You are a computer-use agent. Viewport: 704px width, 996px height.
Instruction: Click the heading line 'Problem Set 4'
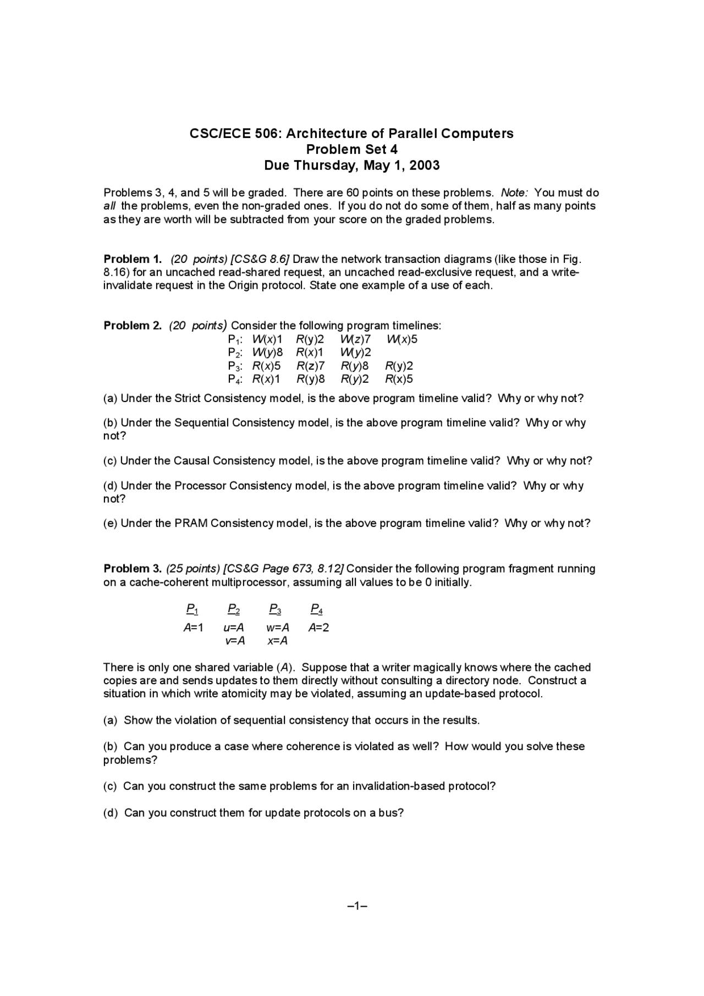351,150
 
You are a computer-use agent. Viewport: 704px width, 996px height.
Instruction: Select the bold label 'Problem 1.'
133,259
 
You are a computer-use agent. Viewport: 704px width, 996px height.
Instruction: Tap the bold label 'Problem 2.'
133,326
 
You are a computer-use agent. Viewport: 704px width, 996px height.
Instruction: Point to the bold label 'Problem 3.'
133,569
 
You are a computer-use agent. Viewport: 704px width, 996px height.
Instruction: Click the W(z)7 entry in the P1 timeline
355,339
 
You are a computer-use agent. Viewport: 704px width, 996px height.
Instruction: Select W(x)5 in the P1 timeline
402,339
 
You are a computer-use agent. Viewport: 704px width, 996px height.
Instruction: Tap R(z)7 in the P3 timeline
311,366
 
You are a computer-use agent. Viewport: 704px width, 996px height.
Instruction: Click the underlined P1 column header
192,609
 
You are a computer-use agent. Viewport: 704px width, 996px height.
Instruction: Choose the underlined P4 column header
316,609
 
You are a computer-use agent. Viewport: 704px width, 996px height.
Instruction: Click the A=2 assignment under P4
318,628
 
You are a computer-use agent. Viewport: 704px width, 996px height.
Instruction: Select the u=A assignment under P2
234,628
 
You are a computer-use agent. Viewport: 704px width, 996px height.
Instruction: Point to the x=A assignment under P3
277,641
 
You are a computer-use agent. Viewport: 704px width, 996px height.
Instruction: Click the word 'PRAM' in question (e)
191,524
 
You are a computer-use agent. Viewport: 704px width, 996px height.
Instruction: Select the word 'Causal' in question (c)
192,461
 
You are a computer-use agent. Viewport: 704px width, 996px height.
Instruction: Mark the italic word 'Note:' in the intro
514,193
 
